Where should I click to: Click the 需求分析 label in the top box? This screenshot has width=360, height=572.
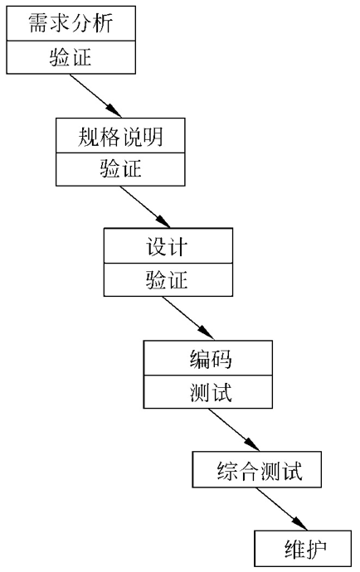click(70, 22)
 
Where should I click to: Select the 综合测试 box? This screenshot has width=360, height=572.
click(255, 471)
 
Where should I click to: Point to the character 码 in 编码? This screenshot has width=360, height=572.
click(221, 358)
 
